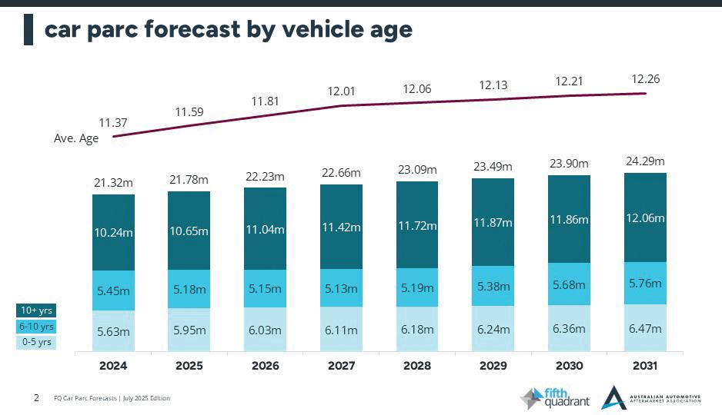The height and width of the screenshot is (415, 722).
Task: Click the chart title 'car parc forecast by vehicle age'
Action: (x=228, y=29)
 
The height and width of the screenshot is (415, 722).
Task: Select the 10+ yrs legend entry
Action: (x=36, y=310)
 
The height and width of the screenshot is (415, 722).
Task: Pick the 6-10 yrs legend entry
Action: (x=36, y=327)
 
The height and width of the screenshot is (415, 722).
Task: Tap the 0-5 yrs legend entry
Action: (x=36, y=342)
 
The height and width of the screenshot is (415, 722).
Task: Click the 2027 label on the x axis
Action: (x=341, y=367)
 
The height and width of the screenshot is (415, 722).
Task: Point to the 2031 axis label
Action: (x=645, y=367)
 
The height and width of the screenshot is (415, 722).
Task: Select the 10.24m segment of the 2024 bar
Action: (x=113, y=232)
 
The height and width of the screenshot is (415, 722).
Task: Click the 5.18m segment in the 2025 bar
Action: (x=189, y=290)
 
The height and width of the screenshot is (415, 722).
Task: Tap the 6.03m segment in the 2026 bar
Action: (x=265, y=330)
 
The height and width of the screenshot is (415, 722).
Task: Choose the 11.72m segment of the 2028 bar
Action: (x=417, y=226)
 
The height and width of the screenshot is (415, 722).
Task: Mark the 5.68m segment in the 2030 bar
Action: (x=570, y=284)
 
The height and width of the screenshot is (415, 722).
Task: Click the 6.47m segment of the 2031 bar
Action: (x=645, y=328)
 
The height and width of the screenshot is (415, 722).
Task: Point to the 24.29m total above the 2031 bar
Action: (x=645, y=161)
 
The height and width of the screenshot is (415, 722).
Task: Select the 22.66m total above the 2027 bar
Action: (x=341, y=173)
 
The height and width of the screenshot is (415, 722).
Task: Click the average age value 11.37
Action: (x=113, y=122)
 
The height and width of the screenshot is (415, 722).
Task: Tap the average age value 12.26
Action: (x=645, y=79)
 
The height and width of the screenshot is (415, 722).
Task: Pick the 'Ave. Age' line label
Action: (x=76, y=139)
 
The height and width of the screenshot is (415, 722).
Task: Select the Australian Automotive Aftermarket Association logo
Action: (x=650, y=397)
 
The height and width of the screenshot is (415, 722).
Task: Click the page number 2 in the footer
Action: (x=36, y=397)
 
